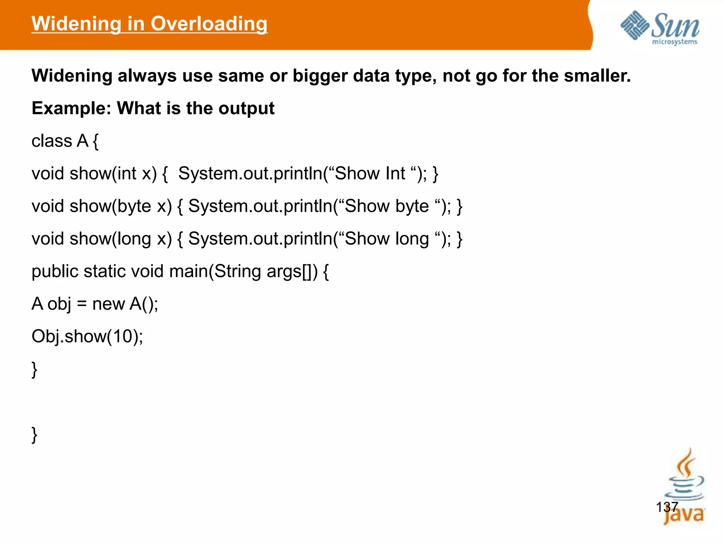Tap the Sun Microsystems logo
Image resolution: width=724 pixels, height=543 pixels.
point(660,28)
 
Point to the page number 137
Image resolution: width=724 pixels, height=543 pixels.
point(667,507)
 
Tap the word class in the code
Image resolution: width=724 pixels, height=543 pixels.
point(52,141)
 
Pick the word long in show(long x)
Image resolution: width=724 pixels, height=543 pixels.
point(134,239)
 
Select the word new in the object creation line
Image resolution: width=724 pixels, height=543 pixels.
point(109,304)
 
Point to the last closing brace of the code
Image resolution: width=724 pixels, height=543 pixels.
point(34,434)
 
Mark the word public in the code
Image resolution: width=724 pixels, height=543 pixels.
point(55,271)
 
